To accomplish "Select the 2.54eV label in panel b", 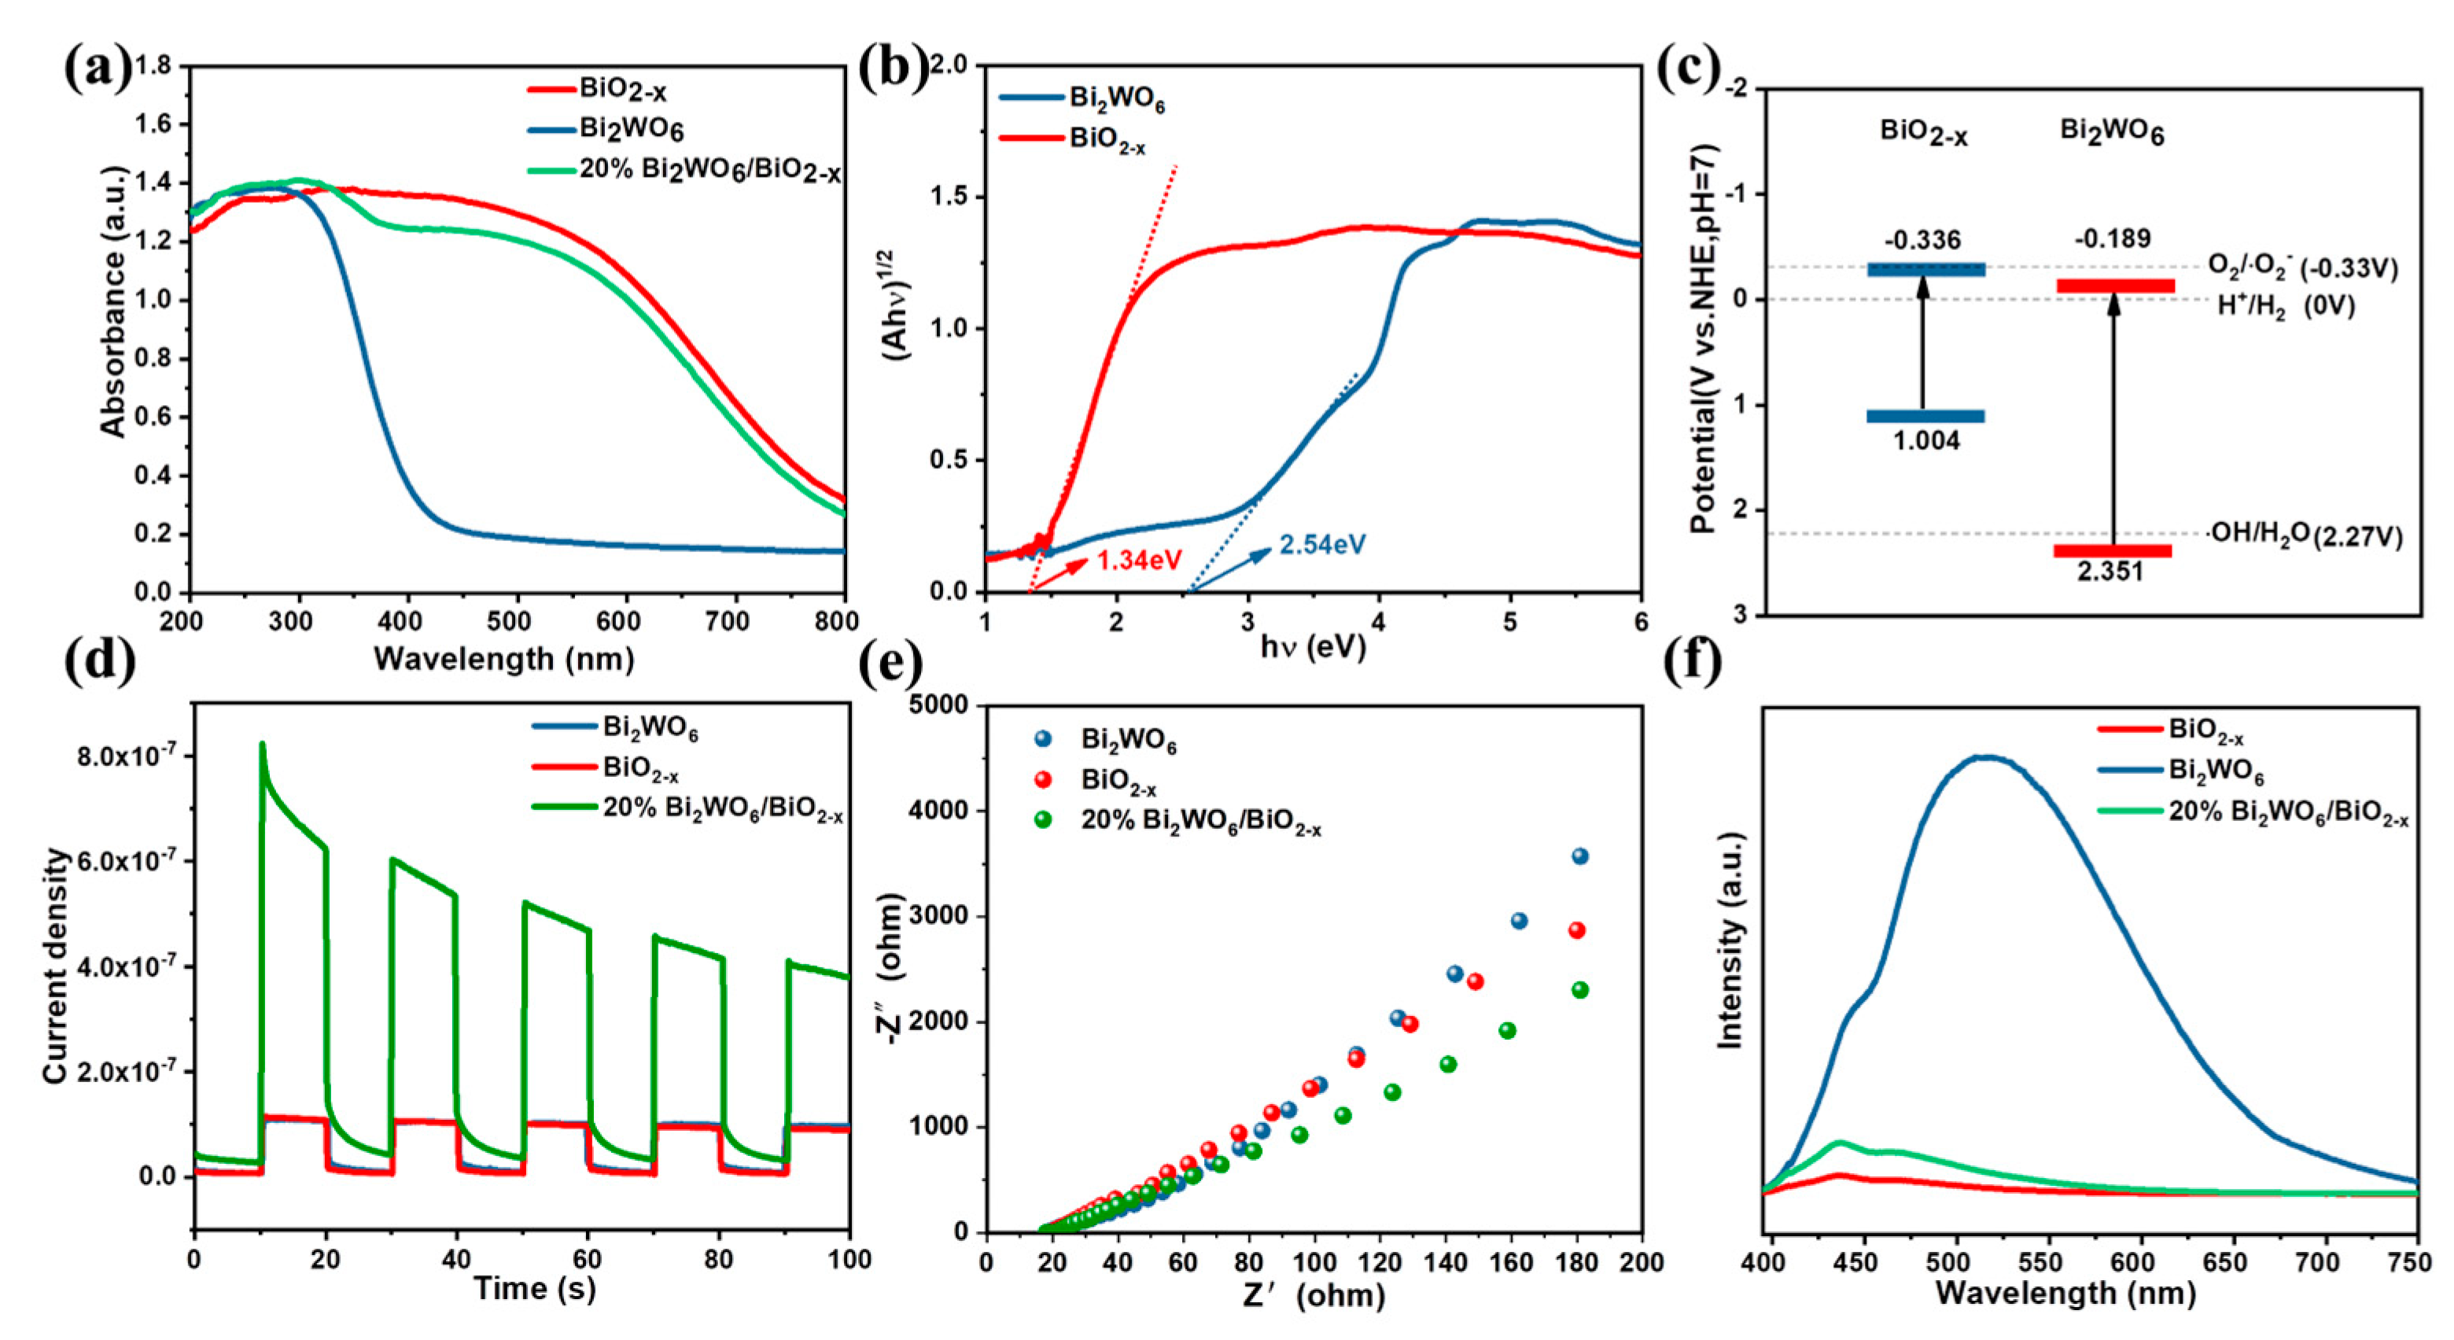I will [x=1322, y=545].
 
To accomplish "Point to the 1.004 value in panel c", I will [x=1925, y=441].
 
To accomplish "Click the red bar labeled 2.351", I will [x=2112, y=550].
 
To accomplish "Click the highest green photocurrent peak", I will [x=262, y=745].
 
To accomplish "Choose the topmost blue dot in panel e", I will [x=1579, y=856].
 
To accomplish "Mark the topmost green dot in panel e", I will [x=1579, y=991].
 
